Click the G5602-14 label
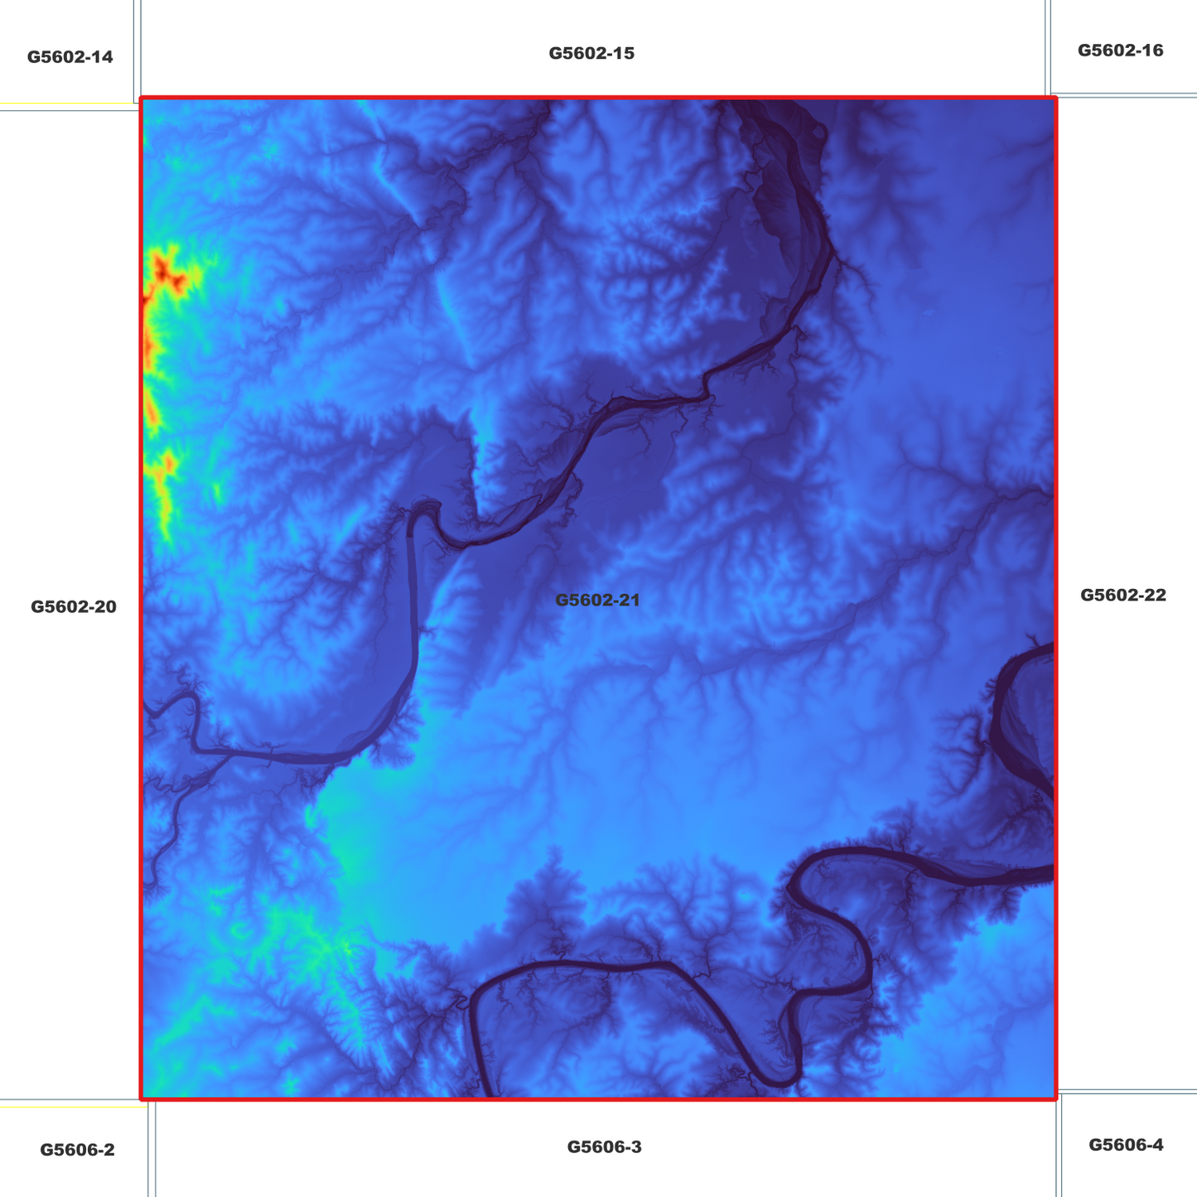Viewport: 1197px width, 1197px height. tap(70, 57)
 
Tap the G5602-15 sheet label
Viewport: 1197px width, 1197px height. tap(591, 54)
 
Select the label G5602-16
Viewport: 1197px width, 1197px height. tap(1120, 51)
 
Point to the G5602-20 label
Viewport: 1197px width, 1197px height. tap(74, 606)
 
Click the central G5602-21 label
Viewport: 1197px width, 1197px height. tap(597, 600)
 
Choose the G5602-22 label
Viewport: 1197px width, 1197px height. tap(1122, 595)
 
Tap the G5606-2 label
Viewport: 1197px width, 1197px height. tap(77, 1150)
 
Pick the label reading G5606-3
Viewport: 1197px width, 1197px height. tap(604, 1146)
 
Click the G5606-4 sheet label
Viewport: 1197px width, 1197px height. tap(1125, 1145)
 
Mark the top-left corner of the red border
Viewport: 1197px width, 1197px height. tap(142, 99)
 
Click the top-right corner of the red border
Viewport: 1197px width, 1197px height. tap(1056, 99)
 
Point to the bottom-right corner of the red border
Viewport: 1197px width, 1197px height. tap(1056, 1098)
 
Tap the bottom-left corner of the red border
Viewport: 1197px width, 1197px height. tap(142, 1098)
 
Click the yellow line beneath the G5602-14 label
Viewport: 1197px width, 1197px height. tap(66, 104)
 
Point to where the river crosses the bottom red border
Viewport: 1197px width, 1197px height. tap(490, 1097)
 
